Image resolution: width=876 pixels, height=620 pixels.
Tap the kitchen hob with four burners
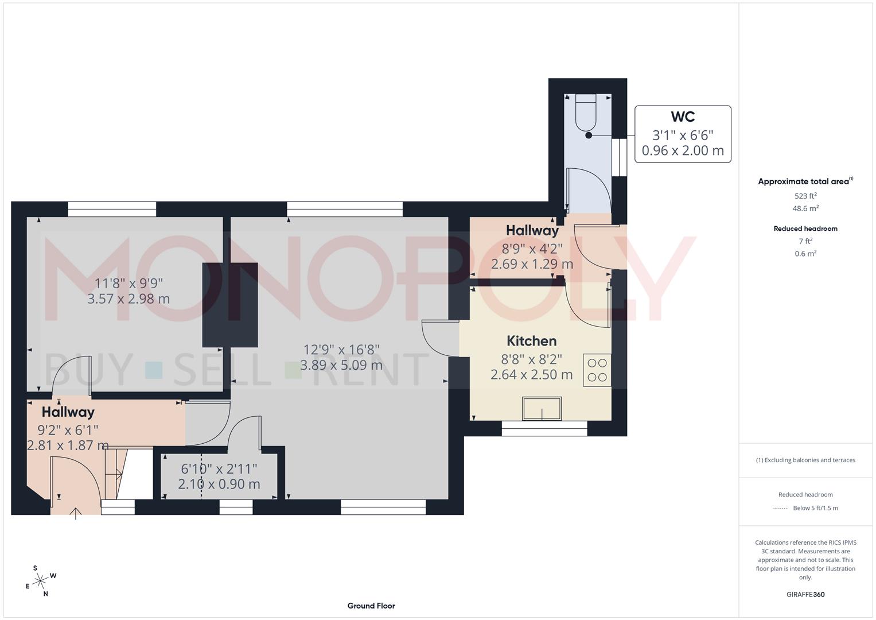597,370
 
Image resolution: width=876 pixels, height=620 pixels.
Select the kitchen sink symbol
542,409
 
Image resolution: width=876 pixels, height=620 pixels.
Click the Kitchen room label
532,341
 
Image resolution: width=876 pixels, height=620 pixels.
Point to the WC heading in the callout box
683,117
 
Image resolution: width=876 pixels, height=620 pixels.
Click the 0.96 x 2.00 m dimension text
683,151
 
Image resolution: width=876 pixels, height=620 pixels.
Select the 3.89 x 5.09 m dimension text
341,365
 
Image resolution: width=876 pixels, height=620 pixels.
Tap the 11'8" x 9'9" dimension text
129,283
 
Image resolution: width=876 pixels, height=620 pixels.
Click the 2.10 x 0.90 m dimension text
219,484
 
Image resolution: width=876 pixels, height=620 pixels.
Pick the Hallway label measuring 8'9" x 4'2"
532,231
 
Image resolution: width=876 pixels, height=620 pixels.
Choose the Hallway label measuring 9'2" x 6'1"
68,412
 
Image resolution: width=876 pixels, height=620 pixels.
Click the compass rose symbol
40,581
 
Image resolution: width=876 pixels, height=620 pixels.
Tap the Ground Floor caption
371,606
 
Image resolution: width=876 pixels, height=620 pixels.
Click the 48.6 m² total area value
805,209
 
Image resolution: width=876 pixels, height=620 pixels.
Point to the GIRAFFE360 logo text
805,594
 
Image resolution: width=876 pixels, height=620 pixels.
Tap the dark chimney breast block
229,305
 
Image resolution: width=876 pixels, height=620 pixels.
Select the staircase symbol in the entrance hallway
115,474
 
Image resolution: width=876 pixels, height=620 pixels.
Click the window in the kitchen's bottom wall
544,428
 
